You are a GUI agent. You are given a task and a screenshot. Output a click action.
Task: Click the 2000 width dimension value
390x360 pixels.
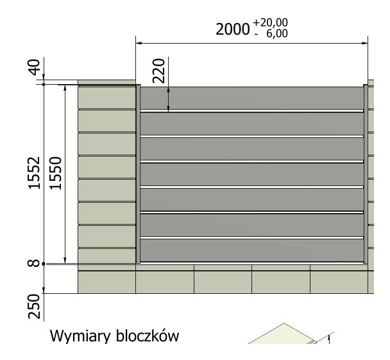click(232, 30)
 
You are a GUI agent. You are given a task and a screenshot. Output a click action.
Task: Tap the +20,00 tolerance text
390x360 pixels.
click(270, 22)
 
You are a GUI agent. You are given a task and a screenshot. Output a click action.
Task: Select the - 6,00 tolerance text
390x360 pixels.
click(271, 33)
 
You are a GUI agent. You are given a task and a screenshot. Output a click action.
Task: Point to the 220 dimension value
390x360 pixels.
click(158, 71)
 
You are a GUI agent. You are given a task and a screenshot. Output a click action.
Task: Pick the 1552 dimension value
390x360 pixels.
click(34, 173)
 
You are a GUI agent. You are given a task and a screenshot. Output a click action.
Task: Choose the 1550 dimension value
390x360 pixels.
click(55, 173)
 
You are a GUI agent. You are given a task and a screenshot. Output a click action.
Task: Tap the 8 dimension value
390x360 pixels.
click(33, 263)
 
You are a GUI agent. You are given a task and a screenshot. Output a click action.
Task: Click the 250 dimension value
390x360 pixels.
click(34, 307)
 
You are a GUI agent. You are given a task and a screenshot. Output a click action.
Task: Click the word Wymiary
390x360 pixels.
click(80, 336)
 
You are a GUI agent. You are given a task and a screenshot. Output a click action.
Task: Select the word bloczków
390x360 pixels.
click(148, 336)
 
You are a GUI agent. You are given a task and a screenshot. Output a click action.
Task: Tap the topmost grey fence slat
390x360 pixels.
click(251, 98)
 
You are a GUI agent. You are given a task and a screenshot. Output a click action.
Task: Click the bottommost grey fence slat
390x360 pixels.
click(251, 250)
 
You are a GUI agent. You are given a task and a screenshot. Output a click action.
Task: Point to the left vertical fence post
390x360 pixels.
click(138, 174)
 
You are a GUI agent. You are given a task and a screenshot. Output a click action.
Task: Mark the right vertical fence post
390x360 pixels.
click(366, 174)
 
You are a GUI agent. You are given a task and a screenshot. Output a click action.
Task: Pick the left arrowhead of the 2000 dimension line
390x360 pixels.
click(139, 43)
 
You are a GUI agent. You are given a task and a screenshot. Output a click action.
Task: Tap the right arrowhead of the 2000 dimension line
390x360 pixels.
click(365, 43)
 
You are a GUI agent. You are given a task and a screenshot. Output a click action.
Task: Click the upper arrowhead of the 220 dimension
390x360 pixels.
click(169, 90)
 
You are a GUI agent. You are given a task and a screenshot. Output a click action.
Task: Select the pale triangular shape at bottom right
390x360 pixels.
click(282, 334)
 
